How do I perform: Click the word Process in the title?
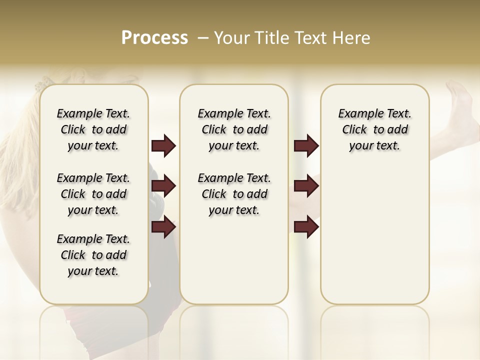154,38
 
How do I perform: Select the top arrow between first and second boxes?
163,145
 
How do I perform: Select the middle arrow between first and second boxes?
163,186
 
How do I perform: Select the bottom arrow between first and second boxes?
163,227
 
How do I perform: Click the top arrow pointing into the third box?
306,145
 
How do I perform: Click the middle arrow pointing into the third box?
306,186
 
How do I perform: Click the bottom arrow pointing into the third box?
306,227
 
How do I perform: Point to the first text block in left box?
93,129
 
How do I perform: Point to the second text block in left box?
93,194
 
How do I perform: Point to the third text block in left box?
93,255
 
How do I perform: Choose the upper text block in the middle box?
234,129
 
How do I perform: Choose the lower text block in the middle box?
234,194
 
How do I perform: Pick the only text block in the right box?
374,129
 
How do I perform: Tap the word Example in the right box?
356,113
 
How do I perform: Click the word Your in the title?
232,38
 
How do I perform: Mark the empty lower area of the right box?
374,235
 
